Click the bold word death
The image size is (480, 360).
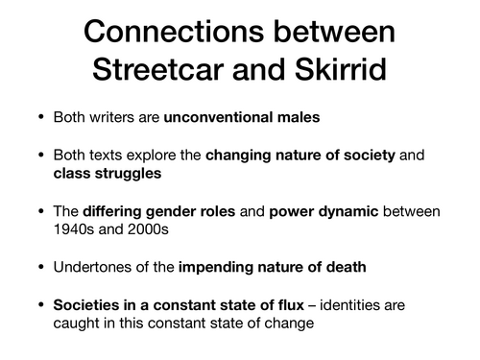pos(339,268)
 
